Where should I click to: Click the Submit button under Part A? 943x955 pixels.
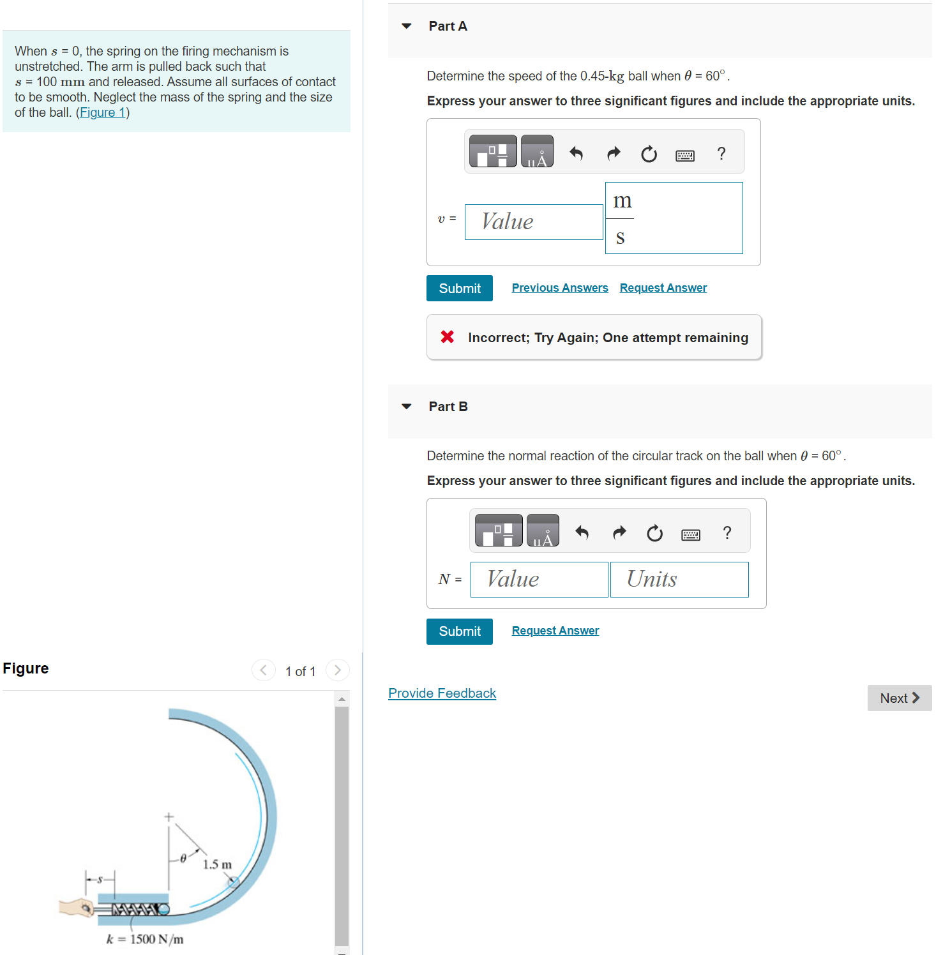pyautogui.click(x=460, y=288)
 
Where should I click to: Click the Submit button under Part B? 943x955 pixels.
pyautogui.click(x=460, y=631)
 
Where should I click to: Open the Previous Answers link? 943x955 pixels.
pyautogui.click(x=560, y=288)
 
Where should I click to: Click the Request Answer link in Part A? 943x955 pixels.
pyautogui.click(x=663, y=288)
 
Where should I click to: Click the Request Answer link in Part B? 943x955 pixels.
pyautogui.click(x=555, y=631)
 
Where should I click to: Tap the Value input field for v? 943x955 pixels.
pyautogui.click(x=534, y=222)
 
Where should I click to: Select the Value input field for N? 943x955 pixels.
pyautogui.click(x=539, y=580)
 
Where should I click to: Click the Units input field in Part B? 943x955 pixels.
pyautogui.click(x=679, y=580)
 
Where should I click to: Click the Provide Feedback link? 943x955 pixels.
pyautogui.click(x=442, y=693)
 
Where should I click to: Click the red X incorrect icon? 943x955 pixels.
pyautogui.click(x=448, y=336)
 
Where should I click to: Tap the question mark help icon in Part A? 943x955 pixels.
pyautogui.click(x=721, y=153)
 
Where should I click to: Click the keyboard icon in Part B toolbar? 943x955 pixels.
pyautogui.click(x=691, y=534)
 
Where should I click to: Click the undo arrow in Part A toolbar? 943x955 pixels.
pyautogui.click(x=576, y=153)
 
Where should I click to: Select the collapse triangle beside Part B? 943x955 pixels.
pyautogui.click(x=407, y=407)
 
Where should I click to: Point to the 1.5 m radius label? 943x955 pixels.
pyautogui.click(x=217, y=864)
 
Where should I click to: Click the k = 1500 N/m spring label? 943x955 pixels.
pyautogui.click(x=145, y=939)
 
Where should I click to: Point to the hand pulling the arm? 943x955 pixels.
pyautogui.click(x=77, y=907)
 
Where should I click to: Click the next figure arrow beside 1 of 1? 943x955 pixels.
pyautogui.click(x=338, y=670)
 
